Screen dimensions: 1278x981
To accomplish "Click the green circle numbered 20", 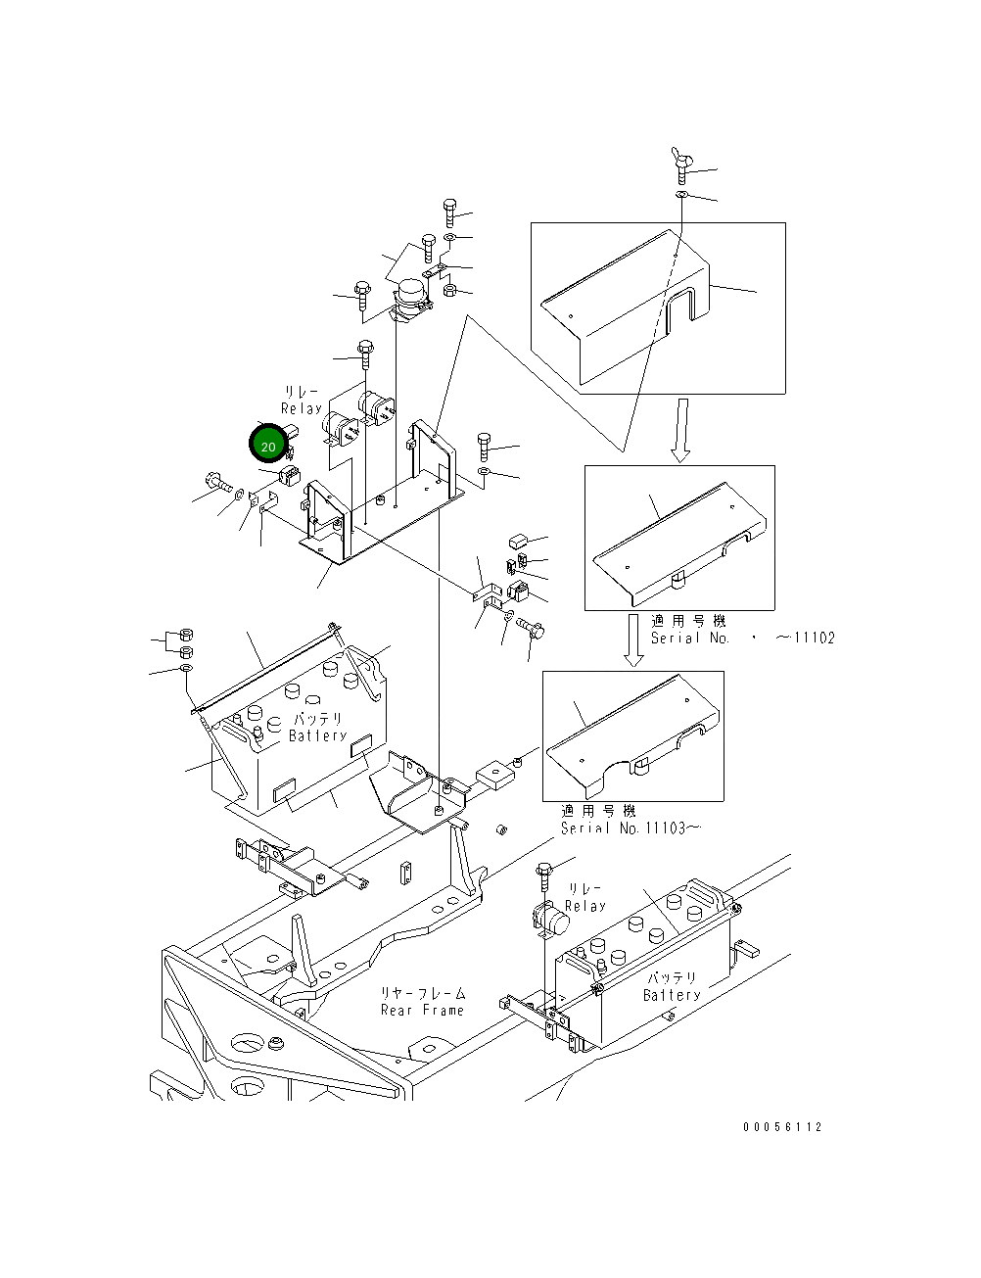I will coord(268,445).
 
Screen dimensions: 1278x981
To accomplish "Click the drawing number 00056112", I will coord(782,1127).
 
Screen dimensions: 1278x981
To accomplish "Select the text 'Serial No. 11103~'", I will coord(631,828).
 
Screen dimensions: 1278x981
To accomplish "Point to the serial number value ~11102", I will coord(806,639).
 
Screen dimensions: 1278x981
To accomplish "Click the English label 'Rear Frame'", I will coord(422,1011).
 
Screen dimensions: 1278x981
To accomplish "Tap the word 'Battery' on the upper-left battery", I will coord(318,735).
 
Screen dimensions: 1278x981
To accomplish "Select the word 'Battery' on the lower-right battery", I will coord(672,995).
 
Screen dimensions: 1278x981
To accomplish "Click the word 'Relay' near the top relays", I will coord(302,408).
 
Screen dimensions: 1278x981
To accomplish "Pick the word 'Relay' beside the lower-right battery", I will coord(585,907).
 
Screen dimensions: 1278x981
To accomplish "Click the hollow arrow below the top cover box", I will coord(680,429).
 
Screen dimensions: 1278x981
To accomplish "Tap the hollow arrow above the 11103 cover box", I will coord(633,640).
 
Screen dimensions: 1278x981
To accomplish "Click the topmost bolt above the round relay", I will coord(449,212).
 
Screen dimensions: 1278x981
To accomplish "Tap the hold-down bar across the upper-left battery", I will coord(264,666).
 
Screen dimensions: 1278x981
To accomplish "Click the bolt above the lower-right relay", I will coord(544,872).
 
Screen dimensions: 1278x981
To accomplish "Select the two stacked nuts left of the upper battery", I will coord(187,642).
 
